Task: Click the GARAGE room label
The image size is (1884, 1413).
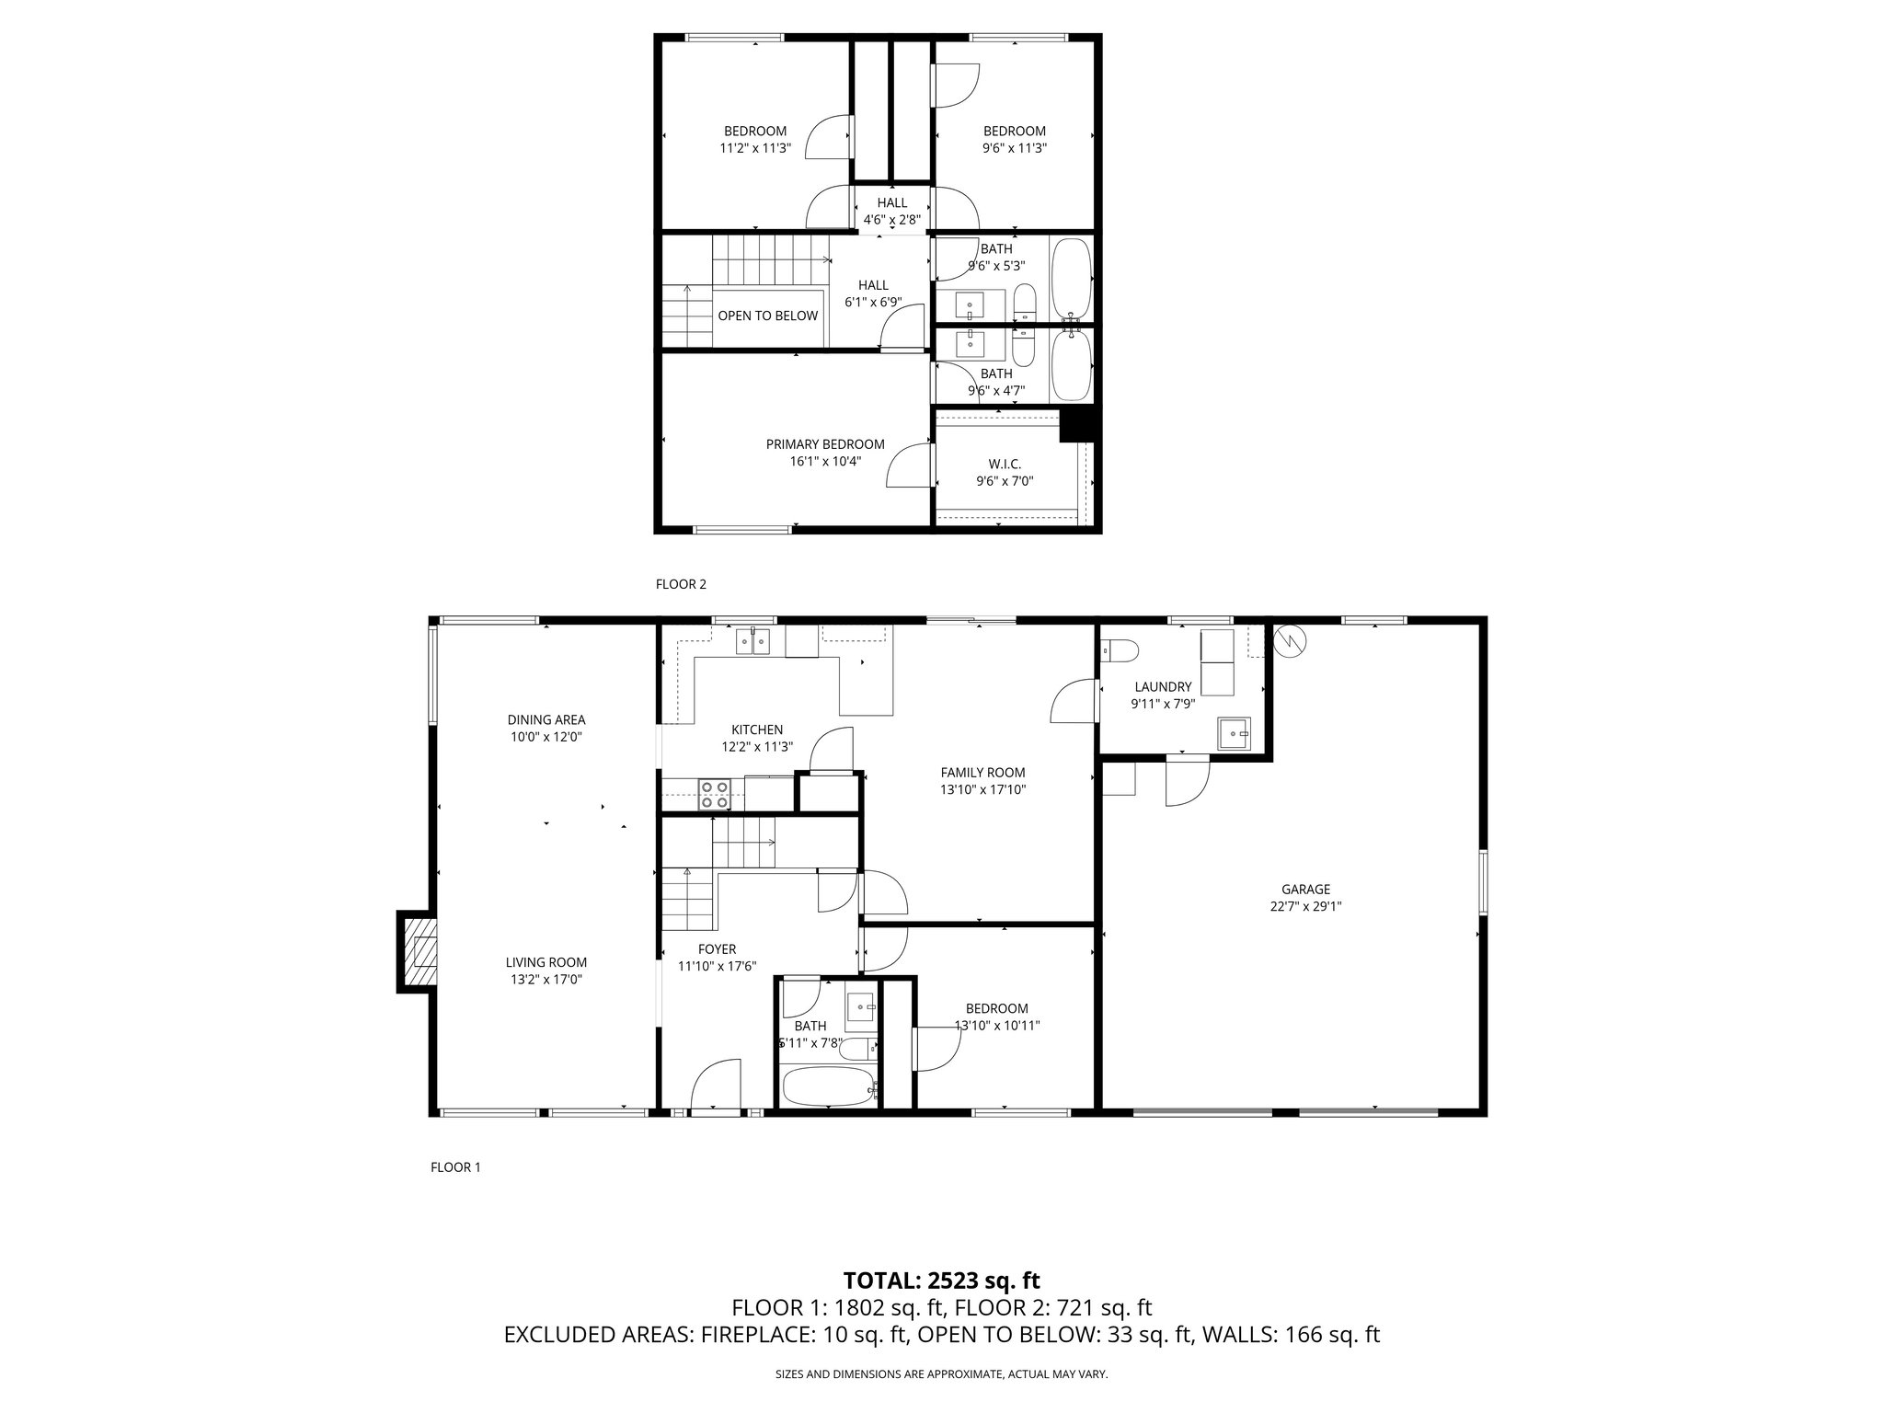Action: [1305, 889]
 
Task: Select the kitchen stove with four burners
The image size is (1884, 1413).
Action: [715, 794]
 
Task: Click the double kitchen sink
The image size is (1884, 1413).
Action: [752, 641]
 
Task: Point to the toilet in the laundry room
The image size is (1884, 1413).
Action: [1120, 651]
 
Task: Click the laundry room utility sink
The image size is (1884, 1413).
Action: [1235, 733]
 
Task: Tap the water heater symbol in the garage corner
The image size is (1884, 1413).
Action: [1290, 639]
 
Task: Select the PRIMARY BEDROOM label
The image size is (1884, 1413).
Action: [825, 444]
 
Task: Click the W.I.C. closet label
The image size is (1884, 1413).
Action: [1005, 464]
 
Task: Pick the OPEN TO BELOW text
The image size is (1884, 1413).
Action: [767, 316]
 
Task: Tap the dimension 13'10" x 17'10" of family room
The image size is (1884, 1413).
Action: [982, 789]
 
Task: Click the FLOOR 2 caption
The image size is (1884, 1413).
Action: [681, 584]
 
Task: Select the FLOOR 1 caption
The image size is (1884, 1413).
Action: [455, 1167]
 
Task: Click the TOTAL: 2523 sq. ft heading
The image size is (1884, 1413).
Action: [941, 1280]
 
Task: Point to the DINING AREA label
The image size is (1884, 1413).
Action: [546, 719]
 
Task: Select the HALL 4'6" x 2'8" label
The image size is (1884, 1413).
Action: [891, 211]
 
